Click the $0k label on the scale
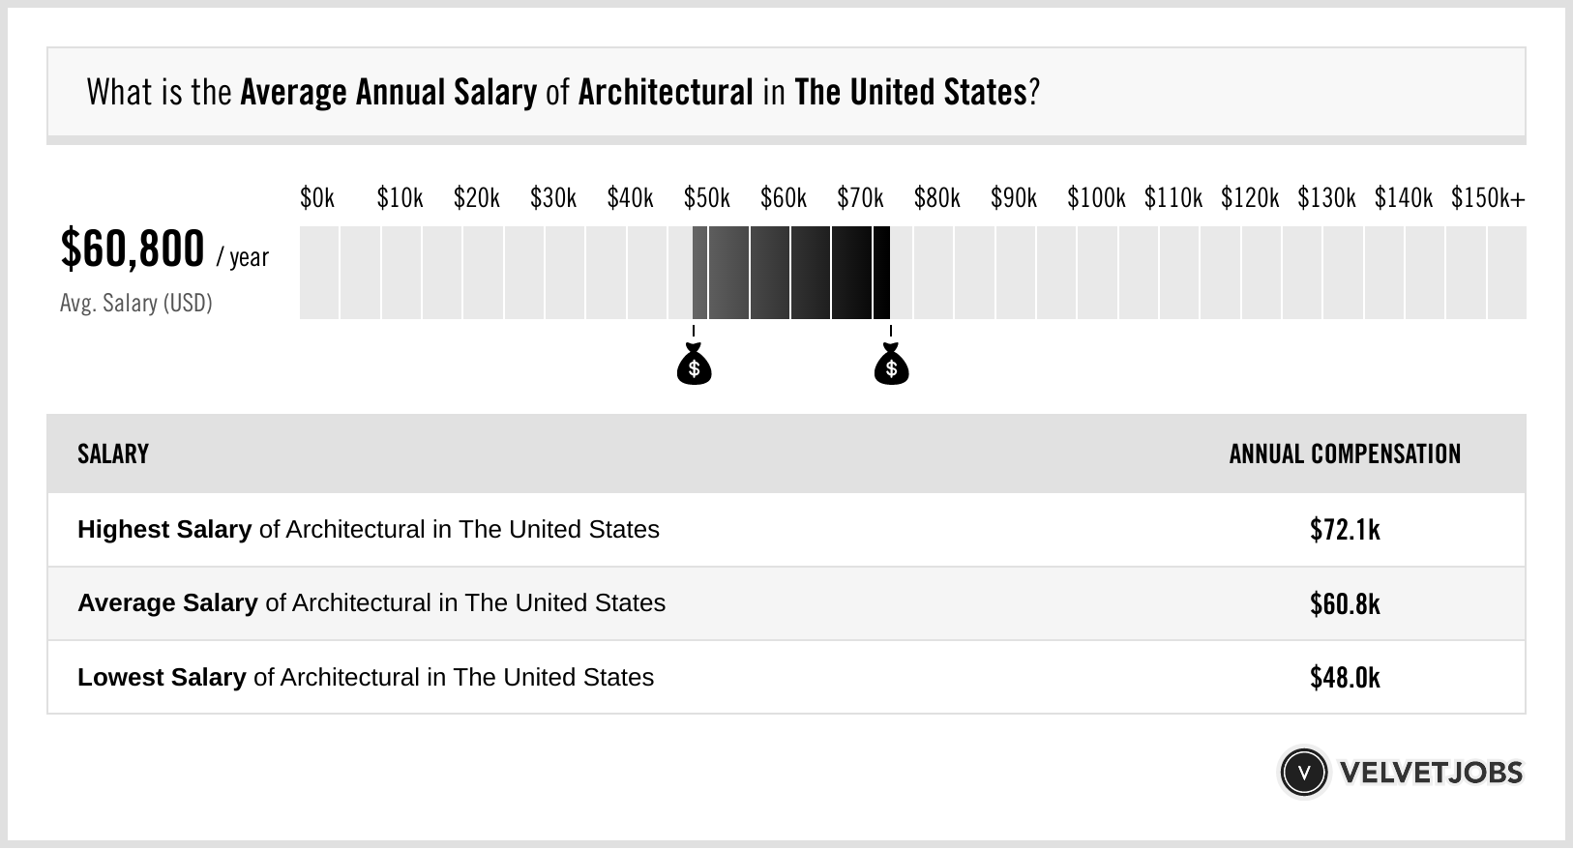pyautogui.click(x=317, y=198)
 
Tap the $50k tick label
pyautogui.click(x=706, y=198)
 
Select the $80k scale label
pyautogui.click(x=936, y=198)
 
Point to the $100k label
pyautogui.click(x=1096, y=198)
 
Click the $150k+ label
pyautogui.click(x=1488, y=198)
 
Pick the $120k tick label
pyautogui.click(x=1250, y=198)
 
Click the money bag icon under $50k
pyautogui.click(x=694, y=366)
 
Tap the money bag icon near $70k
pyautogui.click(x=891, y=366)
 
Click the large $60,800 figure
pyautogui.click(x=133, y=249)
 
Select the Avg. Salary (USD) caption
pyautogui.click(x=136, y=304)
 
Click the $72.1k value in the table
pyautogui.click(x=1345, y=530)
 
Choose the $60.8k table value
pyautogui.click(x=1345, y=604)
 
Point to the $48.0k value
pyautogui.click(x=1345, y=678)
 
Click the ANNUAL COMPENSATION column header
pyautogui.click(x=1345, y=454)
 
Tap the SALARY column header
pyautogui.click(x=113, y=454)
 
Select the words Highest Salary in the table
pyautogui.click(x=164, y=530)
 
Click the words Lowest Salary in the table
pyautogui.click(x=162, y=678)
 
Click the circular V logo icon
pyautogui.click(x=1303, y=773)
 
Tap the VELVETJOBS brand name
pyautogui.click(x=1431, y=773)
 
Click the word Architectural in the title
pyautogui.click(x=666, y=93)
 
